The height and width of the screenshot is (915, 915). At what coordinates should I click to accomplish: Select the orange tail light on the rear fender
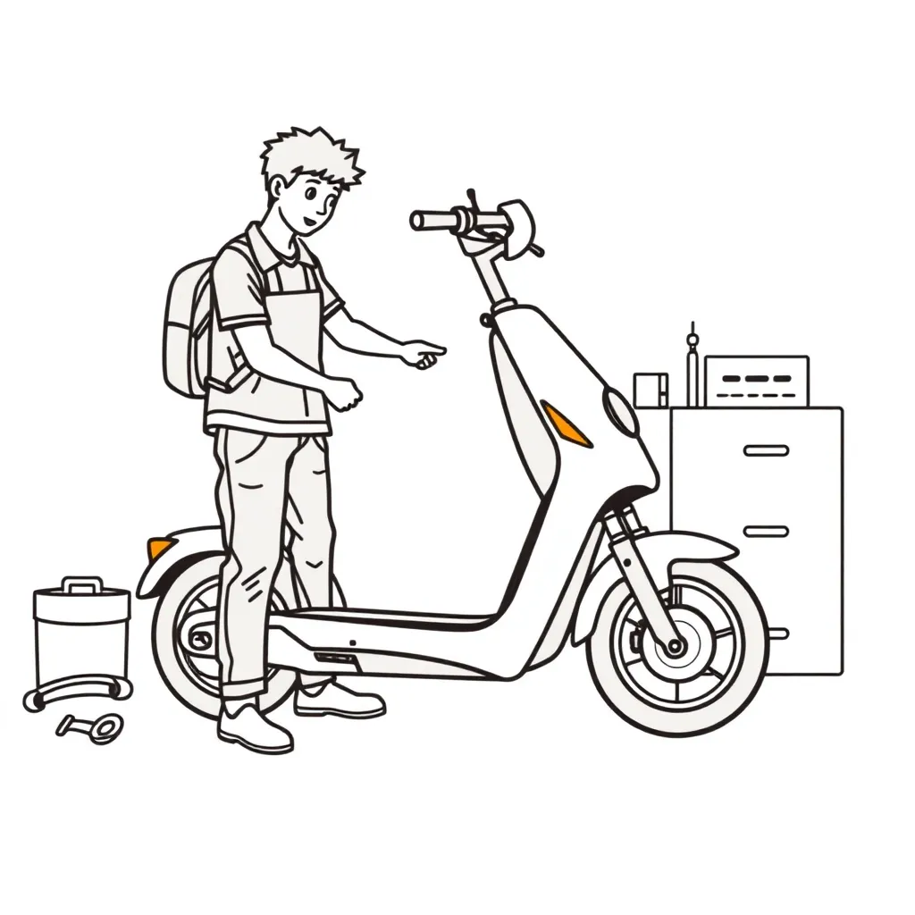point(160,547)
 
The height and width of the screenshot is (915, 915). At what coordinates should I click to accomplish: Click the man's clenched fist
point(346,393)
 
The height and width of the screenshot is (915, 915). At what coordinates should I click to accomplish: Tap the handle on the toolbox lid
point(82,585)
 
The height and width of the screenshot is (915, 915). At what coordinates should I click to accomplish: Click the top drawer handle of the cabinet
point(766,450)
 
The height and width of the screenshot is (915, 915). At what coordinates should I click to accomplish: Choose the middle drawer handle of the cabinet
point(766,532)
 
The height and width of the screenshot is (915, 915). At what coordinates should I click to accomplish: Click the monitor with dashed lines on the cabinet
point(756,381)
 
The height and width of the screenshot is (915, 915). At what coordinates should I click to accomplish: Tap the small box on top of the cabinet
point(650,390)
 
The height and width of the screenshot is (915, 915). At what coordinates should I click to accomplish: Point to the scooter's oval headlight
point(620,411)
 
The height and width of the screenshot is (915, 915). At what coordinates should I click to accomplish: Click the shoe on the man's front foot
point(254,728)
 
